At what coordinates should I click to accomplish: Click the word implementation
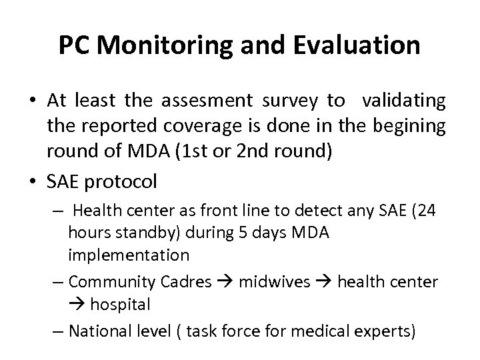point(128,255)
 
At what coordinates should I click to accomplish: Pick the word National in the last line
point(99,331)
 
